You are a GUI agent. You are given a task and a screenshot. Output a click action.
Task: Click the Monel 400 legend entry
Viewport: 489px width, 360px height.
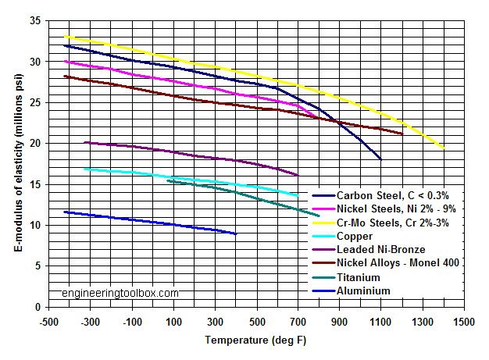click(x=398, y=263)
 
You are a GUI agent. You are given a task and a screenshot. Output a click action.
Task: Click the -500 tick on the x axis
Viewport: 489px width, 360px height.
click(x=48, y=321)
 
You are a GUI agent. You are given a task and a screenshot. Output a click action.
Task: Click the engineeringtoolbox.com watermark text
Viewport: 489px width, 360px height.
click(x=120, y=294)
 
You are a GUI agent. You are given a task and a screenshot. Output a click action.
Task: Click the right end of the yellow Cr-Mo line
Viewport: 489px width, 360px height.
click(x=444, y=147)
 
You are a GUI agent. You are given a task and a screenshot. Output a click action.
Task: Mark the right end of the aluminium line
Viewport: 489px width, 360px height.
click(x=236, y=233)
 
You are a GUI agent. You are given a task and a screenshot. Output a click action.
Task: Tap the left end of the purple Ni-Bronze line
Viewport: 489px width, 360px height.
click(x=84, y=142)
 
